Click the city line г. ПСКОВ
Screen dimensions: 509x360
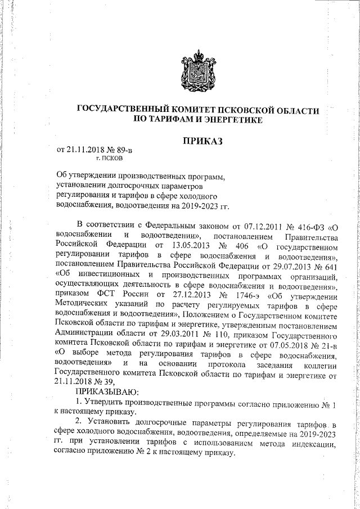97,159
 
